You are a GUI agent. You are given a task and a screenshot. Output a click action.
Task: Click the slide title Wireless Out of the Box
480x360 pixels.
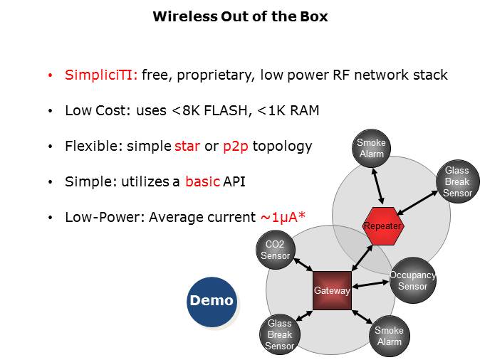(240, 16)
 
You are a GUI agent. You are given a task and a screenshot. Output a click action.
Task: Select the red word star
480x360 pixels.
(187, 147)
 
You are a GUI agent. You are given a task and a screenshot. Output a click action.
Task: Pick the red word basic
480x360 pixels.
(202, 181)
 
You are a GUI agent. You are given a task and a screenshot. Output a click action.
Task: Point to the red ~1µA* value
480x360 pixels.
(280, 217)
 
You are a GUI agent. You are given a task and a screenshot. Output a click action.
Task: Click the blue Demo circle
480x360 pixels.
(211, 301)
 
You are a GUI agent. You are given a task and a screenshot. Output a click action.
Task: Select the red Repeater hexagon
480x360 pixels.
(382, 226)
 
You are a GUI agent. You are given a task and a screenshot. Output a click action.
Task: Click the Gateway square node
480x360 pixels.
(332, 290)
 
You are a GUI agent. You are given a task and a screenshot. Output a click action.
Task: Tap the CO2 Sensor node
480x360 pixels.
(275, 250)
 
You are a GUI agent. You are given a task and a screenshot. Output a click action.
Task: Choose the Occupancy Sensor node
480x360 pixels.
(412, 281)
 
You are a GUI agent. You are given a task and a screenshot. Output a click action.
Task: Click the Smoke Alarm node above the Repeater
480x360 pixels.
(371, 148)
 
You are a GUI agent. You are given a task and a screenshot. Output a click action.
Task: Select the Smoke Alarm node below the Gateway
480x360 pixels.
(389, 336)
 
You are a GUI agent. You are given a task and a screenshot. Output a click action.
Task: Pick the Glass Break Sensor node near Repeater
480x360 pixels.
(456, 182)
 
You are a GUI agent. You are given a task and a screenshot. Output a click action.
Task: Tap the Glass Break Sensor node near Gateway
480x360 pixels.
(280, 334)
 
